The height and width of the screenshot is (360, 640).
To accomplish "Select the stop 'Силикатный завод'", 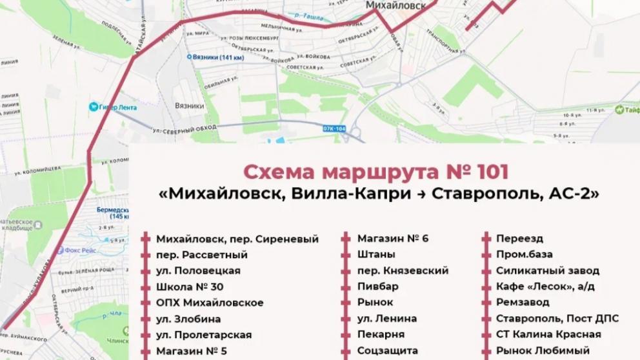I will coord(548,271).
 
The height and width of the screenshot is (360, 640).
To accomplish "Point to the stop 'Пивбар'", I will coord(378,286).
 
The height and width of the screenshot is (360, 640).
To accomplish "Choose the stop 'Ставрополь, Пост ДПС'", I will coord(557,319).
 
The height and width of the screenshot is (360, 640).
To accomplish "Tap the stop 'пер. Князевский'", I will coord(403,271).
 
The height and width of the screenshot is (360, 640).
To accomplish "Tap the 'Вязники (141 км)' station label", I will coord(217,57).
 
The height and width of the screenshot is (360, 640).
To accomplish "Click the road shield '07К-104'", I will coord(334,129).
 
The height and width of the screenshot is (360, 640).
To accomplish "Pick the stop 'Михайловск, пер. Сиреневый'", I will coord(237,239).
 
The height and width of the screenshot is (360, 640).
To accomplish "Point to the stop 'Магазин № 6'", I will coord(393,239).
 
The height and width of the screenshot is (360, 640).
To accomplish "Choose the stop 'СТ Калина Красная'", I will coord(548,335).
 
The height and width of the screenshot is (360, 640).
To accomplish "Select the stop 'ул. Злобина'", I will coord(188,319).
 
